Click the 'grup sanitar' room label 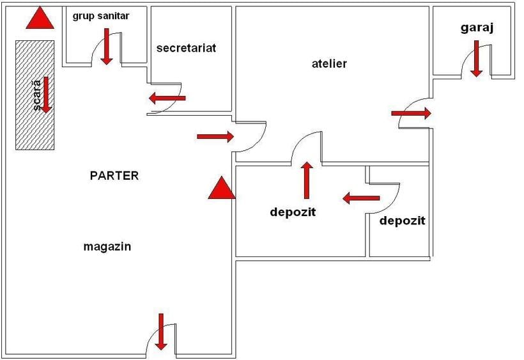pyautogui.click(x=101, y=16)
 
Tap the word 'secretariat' pyautogui.click(x=186, y=48)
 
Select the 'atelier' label pyautogui.click(x=329, y=63)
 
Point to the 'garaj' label pyautogui.click(x=477, y=27)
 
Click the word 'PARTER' pyautogui.click(x=114, y=175)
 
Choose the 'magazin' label pyautogui.click(x=107, y=247)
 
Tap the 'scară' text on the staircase pyautogui.click(x=37, y=95)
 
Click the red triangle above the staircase pyautogui.click(x=40, y=18)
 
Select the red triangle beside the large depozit pyautogui.click(x=222, y=187)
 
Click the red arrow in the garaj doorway pyautogui.click(x=476, y=58)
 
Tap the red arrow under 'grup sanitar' pyautogui.click(x=107, y=46)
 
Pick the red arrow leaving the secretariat pyautogui.click(x=167, y=98)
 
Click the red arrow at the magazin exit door pyautogui.click(x=161, y=332)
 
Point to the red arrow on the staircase pyautogui.click(x=46, y=95)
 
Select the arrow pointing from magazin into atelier pyautogui.click(x=215, y=136)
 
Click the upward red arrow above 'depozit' pyautogui.click(x=307, y=180)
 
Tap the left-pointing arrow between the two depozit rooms pyautogui.click(x=361, y=198)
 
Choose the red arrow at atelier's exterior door pyautogui.click(x=412, y=113)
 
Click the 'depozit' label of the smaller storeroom pyautogui.click(x=403, y=221)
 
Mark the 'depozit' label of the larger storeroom pyautogui.click(x=293, y=212)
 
